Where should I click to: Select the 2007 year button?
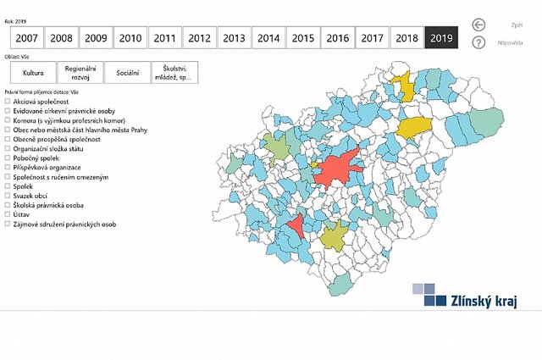26,38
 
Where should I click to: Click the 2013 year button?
234,38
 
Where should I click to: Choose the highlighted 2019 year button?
441,38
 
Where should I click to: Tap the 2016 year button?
337,38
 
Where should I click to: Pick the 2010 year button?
130,38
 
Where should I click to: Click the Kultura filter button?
33,73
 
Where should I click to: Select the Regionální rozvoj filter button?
80,73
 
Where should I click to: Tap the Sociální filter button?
127,73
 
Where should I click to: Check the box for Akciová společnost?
8,101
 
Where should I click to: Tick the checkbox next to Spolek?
8,186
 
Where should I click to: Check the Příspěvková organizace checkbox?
8,167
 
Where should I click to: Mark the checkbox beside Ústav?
8,214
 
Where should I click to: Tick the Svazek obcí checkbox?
8,196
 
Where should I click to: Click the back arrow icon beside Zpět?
479,25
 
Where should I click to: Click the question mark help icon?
479,42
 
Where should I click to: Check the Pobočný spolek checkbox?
8,158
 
